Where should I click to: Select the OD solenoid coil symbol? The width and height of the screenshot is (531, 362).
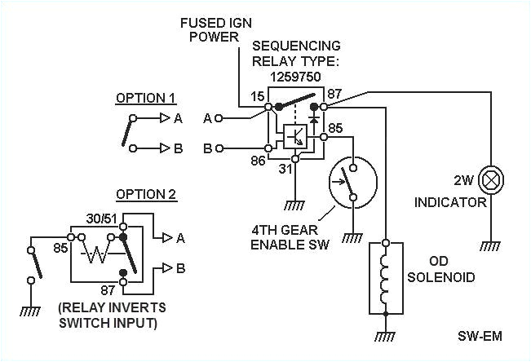387,277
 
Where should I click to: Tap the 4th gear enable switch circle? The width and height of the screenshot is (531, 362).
350,182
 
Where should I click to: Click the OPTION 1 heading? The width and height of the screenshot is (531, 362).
145,98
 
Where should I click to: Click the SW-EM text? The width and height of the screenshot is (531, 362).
477,337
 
